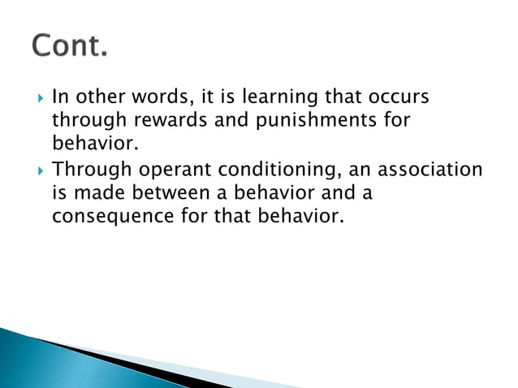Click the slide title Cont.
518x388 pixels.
point(69,46)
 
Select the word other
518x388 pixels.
point(96,97)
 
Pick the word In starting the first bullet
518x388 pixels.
point(58,97)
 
